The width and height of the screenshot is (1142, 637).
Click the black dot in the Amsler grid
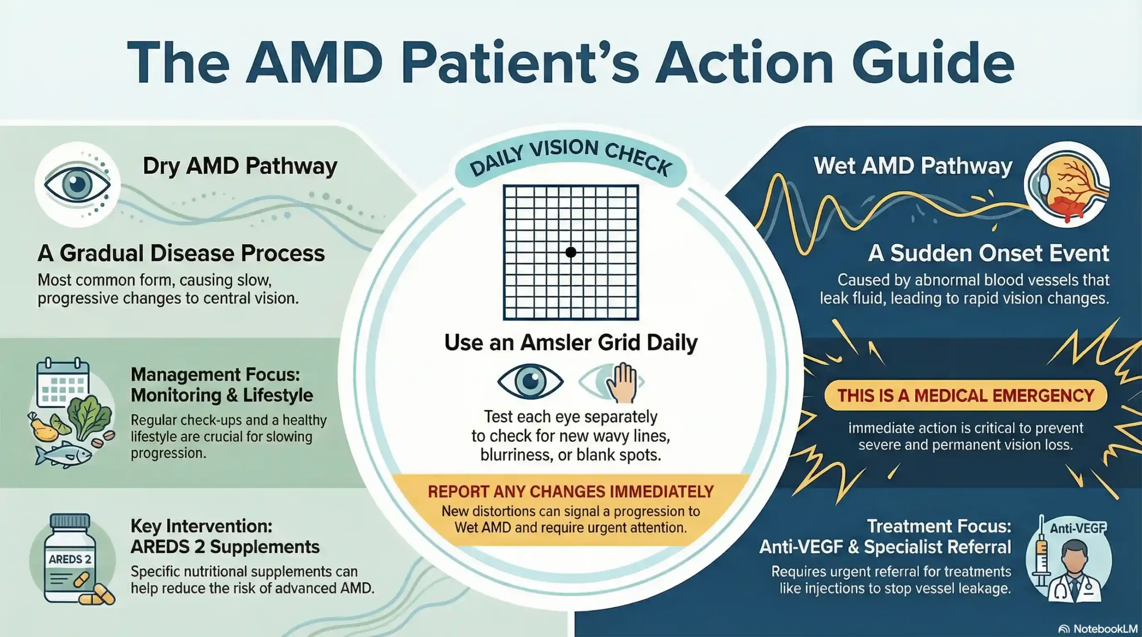click(x=571, y=252)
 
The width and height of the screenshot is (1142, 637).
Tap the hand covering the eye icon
click(x=622, y=382)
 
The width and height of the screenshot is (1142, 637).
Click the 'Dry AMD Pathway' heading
click(x=240, y=166)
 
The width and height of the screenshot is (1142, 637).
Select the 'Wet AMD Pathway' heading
click(x=913, y=166)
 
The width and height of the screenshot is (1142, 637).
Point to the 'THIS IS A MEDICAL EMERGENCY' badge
click(x=965, y=395)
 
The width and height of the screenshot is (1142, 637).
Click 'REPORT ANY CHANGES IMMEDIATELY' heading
click(x=571, y=491)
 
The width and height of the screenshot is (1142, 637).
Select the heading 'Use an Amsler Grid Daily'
click(x=571, y=342)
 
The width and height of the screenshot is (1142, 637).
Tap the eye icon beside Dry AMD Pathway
click(x=78, y=185)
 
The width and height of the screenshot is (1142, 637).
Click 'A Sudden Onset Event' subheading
click(x=988, y=253)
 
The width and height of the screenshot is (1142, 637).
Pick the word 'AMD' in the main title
click(x=314, y=62)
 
